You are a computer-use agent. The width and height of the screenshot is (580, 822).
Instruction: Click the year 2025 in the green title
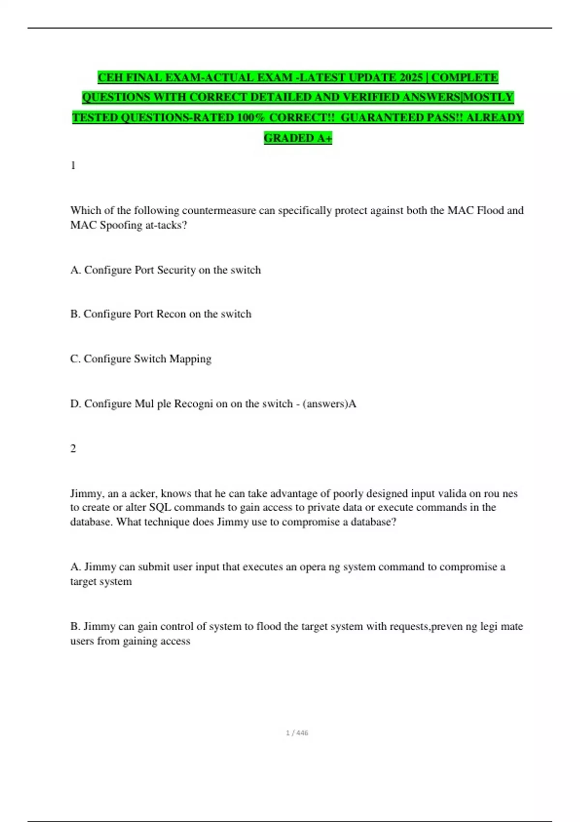click(411, 77)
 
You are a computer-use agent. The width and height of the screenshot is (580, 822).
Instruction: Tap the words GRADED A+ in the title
click(298, 138)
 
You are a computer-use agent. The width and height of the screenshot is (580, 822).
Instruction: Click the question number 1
click(73, 165)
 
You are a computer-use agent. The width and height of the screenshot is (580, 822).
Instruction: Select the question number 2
click(73, 448)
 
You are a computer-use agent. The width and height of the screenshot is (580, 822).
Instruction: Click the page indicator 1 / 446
click(297, 733)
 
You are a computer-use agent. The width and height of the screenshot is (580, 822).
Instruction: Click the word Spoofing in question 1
click(121, 225)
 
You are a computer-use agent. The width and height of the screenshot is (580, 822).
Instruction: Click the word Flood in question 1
click(490, 210)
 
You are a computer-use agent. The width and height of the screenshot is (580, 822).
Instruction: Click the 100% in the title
click(251, 117)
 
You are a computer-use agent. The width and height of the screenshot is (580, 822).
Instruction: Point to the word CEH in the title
click(110, 77)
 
